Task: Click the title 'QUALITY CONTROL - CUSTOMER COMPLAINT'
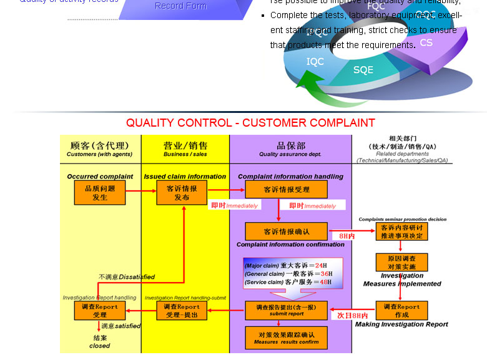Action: tap(250, 123)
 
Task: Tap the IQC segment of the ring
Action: tap(315, 62)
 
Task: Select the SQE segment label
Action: tap(363, 71)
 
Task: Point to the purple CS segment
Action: tap(426, 43)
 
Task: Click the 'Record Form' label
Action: tap(180, 6)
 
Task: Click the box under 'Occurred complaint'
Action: tap(100, 193)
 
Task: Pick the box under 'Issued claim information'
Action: tap(182, 193)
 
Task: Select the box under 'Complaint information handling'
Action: tap(286, 190)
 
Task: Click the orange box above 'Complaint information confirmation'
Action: tap(286, 231)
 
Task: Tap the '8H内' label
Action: tap(347, 236)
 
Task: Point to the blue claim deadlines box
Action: tap(293, 273)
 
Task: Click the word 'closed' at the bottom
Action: tap(99, 346)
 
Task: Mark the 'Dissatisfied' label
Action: tap(126, 277)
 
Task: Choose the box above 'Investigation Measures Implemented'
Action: tap(401, 262)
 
